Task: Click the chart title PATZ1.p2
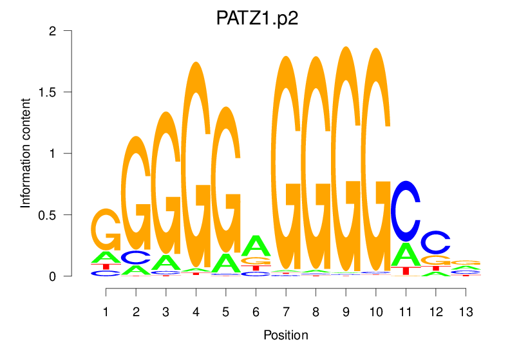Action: (258, 17)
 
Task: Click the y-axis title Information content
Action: (26, 153)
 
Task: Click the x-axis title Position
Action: (286, 335)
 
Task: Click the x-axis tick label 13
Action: (466, 312)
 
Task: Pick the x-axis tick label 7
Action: (285, 312)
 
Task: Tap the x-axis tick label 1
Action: (106, 312)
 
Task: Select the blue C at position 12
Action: (436, 242)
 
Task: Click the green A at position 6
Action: (256, 245)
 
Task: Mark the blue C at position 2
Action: (136, 258)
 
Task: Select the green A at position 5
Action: (225, 262)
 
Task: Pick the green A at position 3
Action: (166, 262)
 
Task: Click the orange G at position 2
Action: (136, 193)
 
